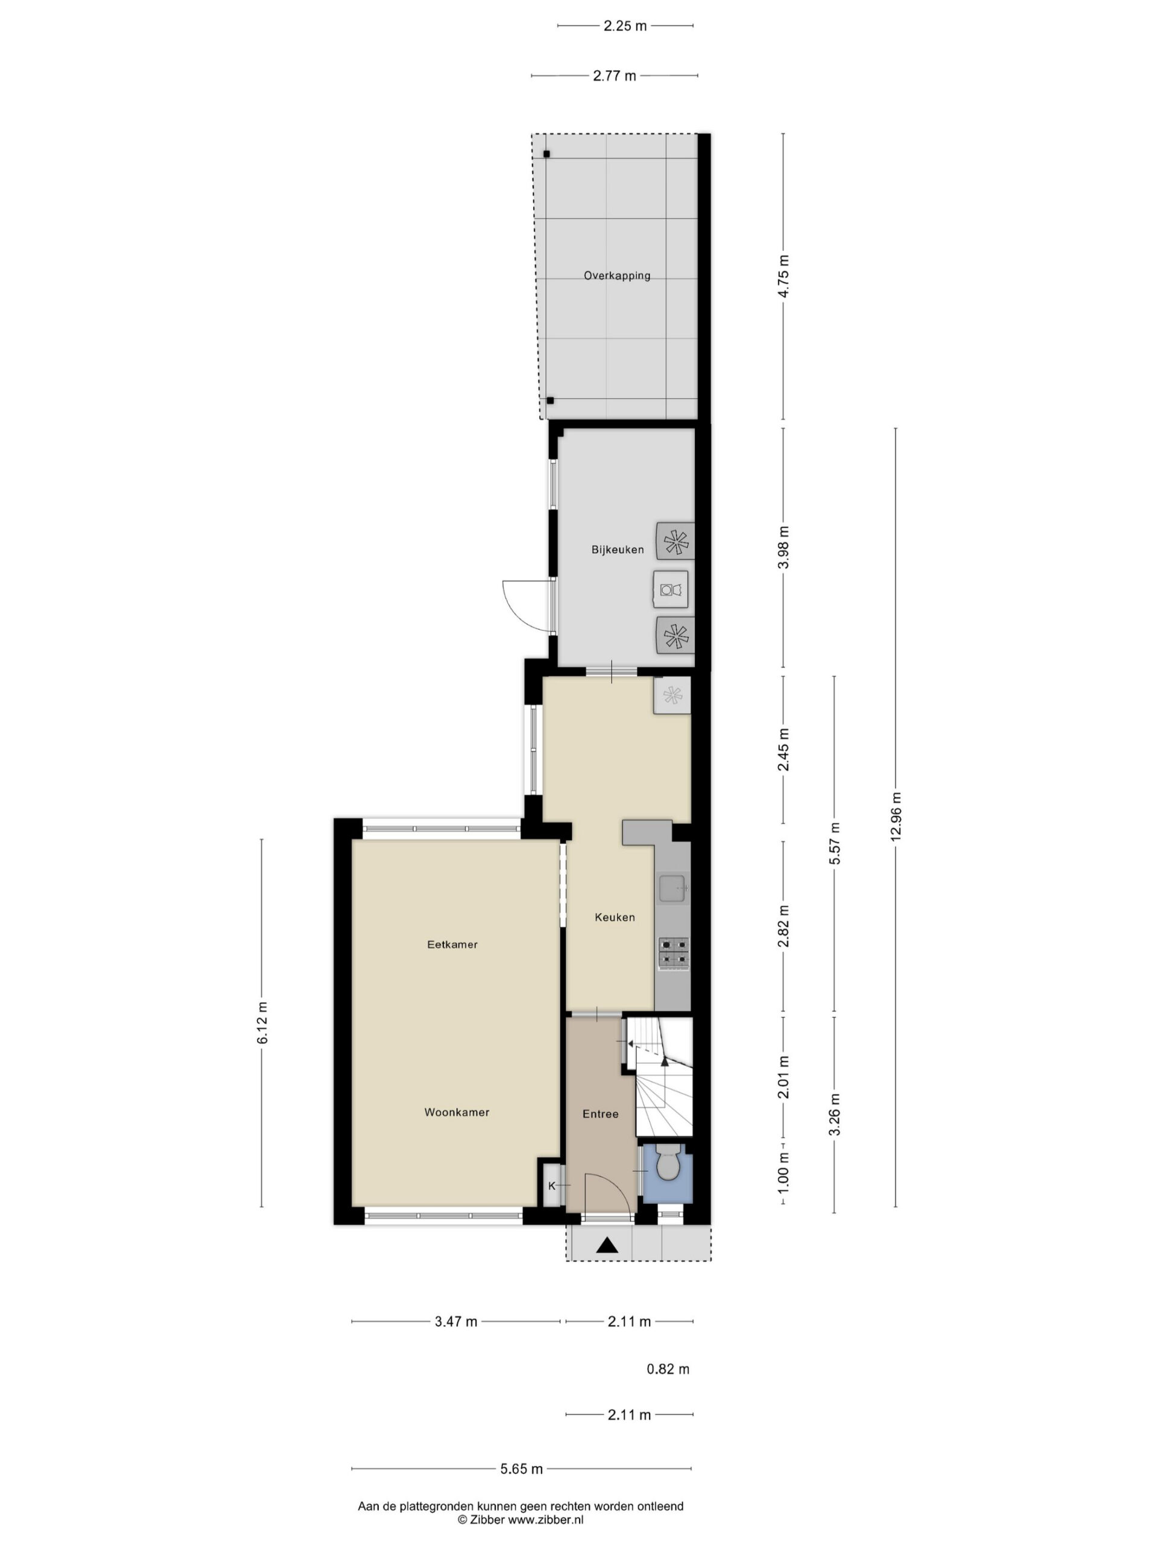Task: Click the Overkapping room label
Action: [617, 276]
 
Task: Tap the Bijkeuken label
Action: [618, 550]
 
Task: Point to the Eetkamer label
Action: [452, 944]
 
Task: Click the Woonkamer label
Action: [457, 1112]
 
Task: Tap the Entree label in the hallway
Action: [600, 1114]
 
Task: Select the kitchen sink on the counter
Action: [674, 888]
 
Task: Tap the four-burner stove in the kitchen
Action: [674, 954]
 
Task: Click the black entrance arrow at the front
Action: [608, 1245]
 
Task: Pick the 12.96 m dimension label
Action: [896, 817]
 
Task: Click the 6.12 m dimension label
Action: [262, 1024]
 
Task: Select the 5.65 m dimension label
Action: [522, 1469]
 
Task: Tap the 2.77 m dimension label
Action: [614, 76]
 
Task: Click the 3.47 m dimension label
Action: [456, 1321]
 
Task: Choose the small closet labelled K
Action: [551, 1185]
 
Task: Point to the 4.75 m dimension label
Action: [783, 276]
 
